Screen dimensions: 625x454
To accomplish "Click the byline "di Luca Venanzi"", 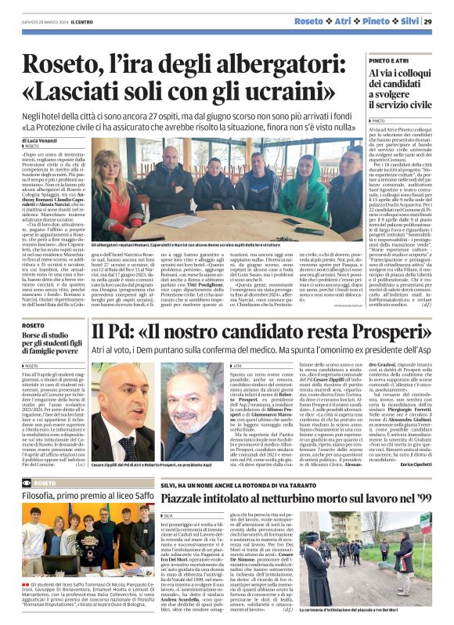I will point(44,139).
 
